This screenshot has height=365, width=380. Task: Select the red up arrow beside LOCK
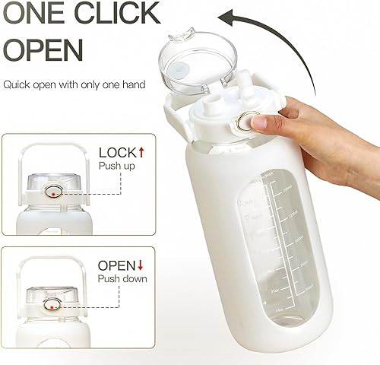tap(141, 151)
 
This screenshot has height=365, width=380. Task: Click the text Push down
tap(122, 279)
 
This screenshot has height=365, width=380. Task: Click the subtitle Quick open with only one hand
tap(74, 84)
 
